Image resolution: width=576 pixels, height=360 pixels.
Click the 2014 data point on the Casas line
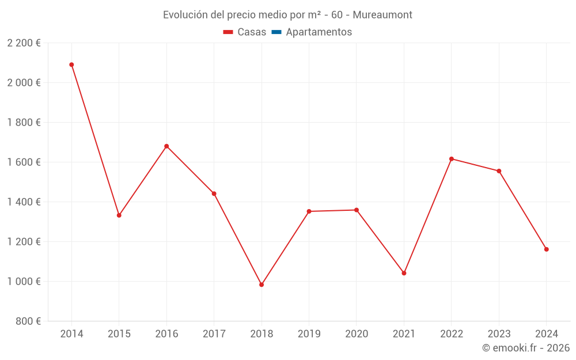(71, 65)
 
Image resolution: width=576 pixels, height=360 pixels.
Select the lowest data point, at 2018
(262, 285)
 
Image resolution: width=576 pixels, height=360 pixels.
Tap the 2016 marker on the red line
(166, 146)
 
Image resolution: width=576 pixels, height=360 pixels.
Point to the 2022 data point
(452, 159)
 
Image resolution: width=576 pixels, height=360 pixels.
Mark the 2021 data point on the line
(404, 273)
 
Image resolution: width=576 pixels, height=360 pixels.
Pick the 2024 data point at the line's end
(546, 249)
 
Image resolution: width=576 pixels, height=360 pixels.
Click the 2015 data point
(119, 215)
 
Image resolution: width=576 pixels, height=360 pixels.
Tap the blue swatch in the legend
(276, 32)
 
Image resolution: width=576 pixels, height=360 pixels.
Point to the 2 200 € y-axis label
(24, 43)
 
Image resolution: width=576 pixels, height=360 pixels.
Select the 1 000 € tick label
(24, 282)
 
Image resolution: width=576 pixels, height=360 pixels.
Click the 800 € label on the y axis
(28, 321)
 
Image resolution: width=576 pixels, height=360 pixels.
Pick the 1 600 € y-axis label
(24, 162)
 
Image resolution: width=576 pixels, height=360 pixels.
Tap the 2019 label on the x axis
(309, 334)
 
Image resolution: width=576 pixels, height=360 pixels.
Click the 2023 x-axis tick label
(499, 334)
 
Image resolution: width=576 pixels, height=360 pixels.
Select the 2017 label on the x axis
(214, 334)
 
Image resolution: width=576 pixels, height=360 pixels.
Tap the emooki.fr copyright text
(526, 348)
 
